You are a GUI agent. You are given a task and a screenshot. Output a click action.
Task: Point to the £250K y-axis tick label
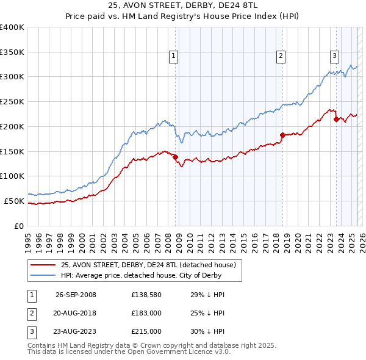tap(12, 101)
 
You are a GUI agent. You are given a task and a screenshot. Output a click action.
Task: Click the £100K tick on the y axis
tap(12, 176)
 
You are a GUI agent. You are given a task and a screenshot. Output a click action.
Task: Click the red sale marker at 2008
tap(176, 157)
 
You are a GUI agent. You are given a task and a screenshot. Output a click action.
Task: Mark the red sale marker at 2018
tap(282, 135)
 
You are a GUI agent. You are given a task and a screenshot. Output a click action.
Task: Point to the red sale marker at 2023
tap(336, 119)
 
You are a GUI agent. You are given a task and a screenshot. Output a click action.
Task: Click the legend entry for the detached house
tap(151, 264)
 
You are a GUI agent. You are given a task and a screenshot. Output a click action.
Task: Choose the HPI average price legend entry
tap(151, 275)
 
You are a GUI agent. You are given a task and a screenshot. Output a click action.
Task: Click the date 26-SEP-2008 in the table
tap(76, 295)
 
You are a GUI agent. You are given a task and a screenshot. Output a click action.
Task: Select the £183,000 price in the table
tap(146, 313)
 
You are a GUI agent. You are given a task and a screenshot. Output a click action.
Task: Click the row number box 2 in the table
tap(31, 313)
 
